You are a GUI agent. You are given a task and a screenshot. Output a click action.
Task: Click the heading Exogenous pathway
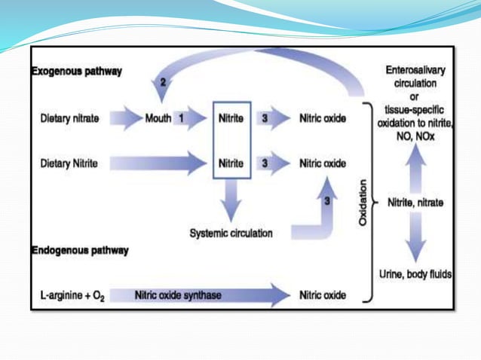coord(76,72)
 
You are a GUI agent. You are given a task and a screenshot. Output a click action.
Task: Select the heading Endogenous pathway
coord(79,249)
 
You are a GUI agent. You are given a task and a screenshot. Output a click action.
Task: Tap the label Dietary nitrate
coord(69,118)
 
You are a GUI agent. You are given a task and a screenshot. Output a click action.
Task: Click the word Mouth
coord(158,118)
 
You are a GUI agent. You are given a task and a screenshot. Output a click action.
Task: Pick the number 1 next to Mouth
coord(182,118)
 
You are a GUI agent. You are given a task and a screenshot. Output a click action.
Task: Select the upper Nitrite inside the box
coord(231,118)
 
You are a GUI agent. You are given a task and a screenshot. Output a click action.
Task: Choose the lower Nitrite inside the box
coord(231,163)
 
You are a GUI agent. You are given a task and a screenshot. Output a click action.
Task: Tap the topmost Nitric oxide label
coord(323,118)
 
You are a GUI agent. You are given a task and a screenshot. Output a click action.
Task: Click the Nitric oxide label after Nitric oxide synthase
coord(323,295)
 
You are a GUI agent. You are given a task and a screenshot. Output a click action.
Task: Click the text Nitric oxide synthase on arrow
coord(178,295)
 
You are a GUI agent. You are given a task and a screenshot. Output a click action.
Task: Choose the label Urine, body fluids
coord(415,274)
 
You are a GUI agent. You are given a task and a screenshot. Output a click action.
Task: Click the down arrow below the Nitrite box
coord(231,200)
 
